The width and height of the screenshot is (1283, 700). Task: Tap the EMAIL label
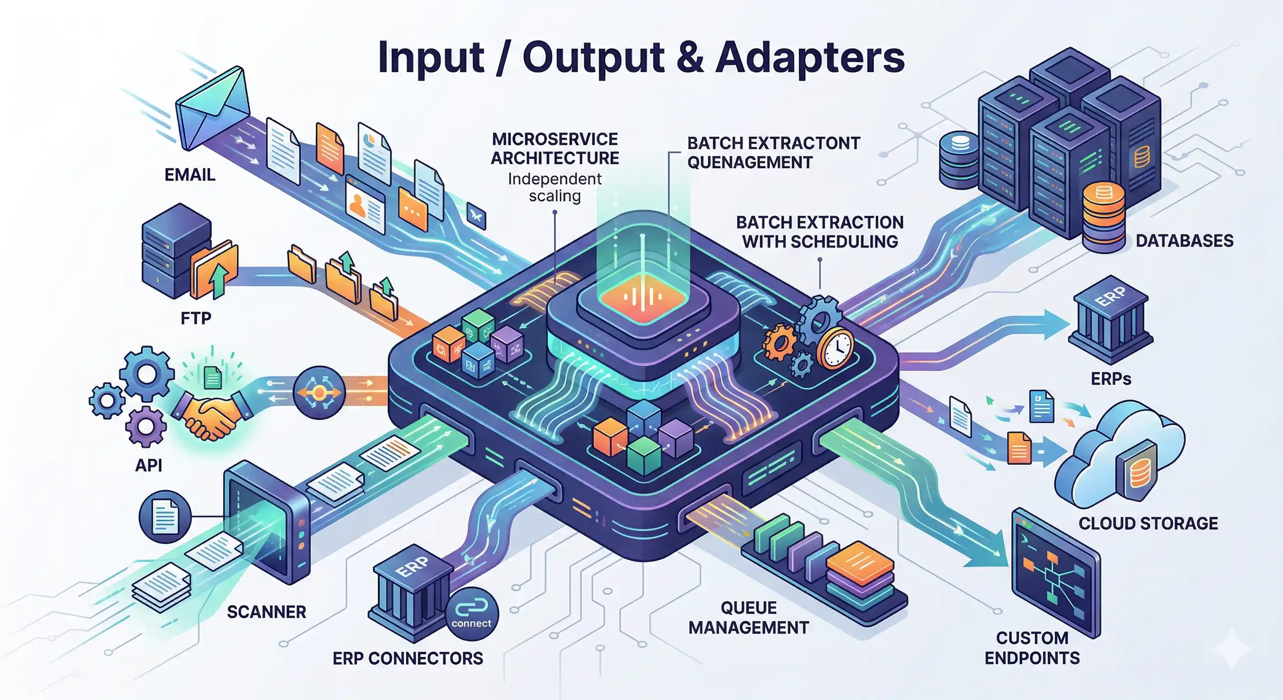point(190,175)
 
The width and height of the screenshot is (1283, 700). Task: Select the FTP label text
point(196,318)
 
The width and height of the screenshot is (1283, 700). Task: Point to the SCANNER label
point(267,612)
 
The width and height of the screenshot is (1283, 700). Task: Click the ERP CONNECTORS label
point(407,659)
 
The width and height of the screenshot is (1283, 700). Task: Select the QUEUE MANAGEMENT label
point(749,618)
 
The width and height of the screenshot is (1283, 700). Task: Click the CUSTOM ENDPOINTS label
point(1032,648)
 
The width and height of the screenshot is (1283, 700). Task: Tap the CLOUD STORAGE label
point(1148,524)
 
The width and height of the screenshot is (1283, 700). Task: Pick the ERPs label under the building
point(1111,379)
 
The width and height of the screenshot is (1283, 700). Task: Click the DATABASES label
point(1185,241)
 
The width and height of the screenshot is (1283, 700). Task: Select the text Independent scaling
point(555,187)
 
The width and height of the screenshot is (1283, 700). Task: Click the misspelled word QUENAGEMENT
point(749,162)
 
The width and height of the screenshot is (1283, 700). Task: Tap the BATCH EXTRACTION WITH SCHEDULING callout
point(820,232)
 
